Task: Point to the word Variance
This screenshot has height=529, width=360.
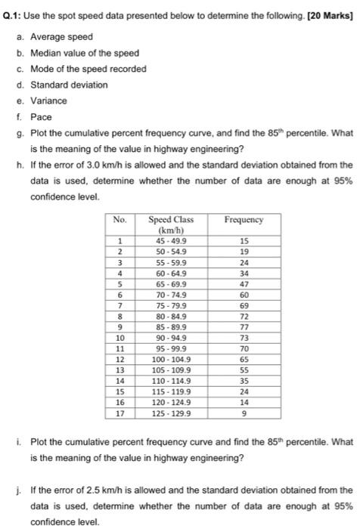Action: (48, 101)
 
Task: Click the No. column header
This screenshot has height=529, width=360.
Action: (119, 220)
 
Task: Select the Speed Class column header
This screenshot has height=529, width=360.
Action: (169, 224)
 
